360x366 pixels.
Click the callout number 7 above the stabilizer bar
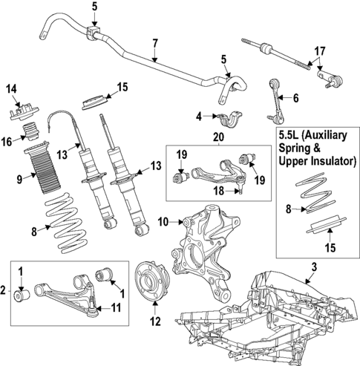click(x=154, y=42)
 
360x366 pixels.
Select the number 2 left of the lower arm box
click(x=5, y=290)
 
